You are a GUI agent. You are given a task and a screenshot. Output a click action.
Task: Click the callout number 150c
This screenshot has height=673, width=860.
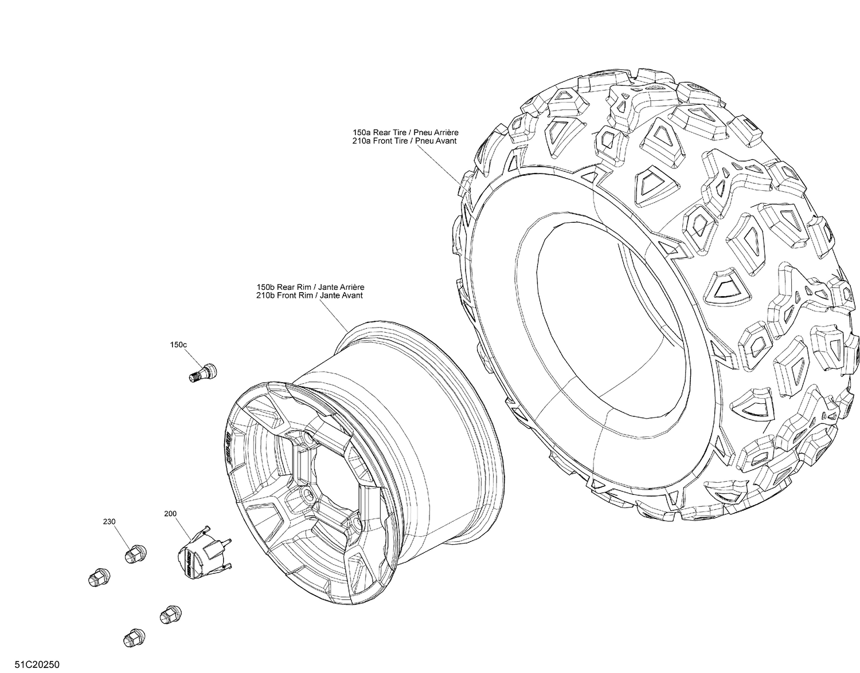click(178, 345)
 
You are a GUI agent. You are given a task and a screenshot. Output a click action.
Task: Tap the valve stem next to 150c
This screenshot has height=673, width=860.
click(202, 372)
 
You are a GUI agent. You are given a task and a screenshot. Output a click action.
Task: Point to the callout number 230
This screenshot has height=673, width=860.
click(110, 522)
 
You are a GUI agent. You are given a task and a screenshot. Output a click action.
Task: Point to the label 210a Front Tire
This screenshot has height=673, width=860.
click(381, 141)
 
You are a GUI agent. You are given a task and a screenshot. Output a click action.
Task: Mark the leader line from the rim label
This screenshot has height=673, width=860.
click(333, 314)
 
